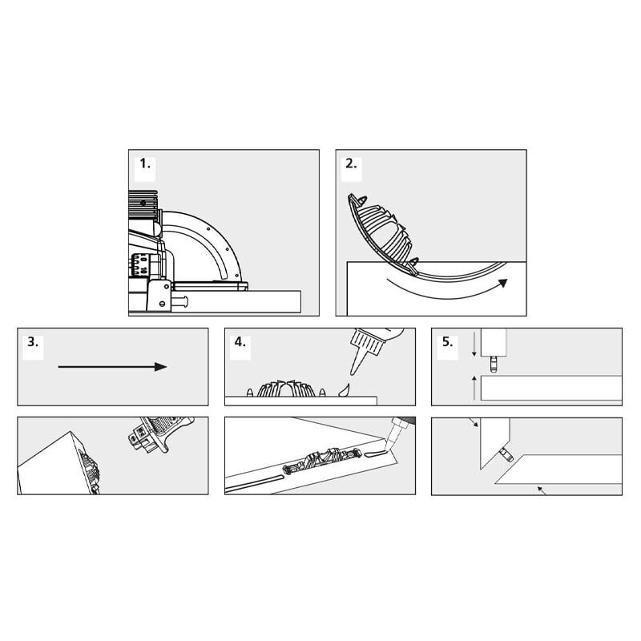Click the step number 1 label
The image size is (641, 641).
point(145,164)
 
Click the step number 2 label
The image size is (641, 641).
point(351,164)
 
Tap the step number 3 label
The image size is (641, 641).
point(33,342)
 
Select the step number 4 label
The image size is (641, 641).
point(240,342)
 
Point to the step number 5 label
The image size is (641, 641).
point(448,342)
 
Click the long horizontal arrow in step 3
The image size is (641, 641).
point(112,367)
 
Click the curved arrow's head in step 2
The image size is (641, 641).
point(503,283)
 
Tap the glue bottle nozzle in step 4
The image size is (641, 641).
point(358,361)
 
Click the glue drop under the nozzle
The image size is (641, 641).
point(345,390)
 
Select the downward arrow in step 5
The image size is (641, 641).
point(474,345)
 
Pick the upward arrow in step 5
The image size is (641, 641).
point(474,388)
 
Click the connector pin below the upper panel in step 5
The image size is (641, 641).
point(494,365)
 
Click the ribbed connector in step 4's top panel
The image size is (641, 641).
point(286,389)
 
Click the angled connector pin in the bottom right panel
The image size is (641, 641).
point(506,454)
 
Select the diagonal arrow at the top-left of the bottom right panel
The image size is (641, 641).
point(474,422)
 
